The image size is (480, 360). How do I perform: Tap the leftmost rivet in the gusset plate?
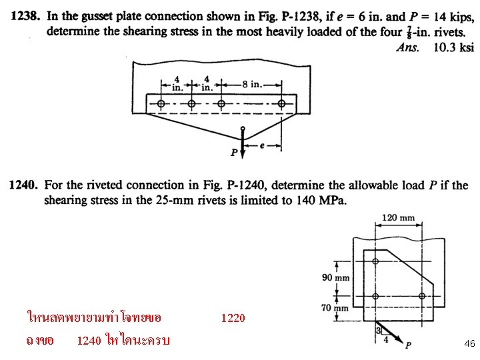click(x=161, y=103)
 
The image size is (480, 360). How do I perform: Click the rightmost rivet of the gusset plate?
click(x=282, y=103)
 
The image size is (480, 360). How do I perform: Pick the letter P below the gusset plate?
click(x=235, y=153)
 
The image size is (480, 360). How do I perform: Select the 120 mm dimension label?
click(x=398, y=217)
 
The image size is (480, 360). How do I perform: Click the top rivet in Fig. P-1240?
click(x=375, y=261)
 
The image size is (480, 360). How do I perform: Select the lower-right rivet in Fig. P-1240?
click(x=421, y=296)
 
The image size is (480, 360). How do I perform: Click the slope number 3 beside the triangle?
click(x=377, y=329)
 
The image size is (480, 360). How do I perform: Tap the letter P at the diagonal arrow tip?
click(x=408, y=345)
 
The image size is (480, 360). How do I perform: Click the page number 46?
click(x=469, y=343)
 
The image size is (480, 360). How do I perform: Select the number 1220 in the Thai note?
click(x=233, y=318)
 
